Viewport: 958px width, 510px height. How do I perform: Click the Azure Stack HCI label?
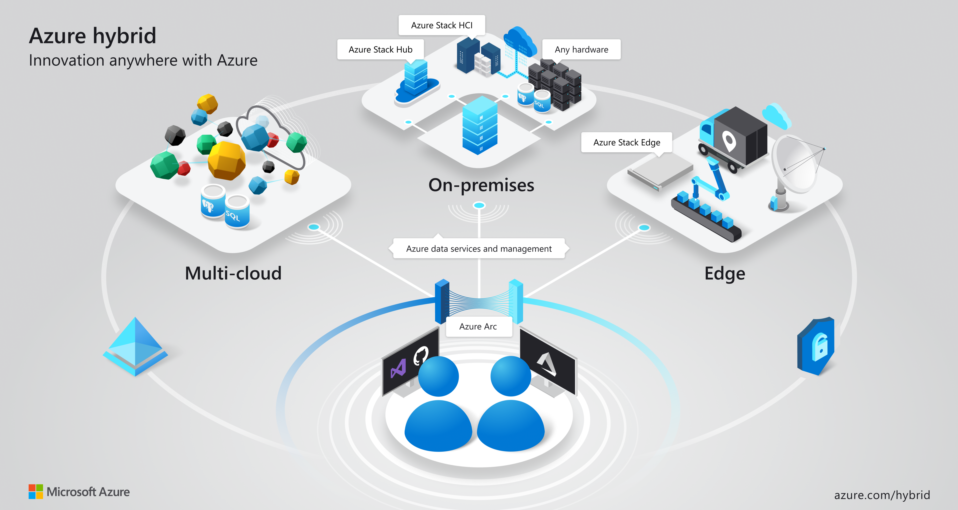tap(442, 25)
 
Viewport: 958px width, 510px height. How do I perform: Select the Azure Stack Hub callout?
tap(380, 49)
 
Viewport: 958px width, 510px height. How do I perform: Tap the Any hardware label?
tap(581, 49)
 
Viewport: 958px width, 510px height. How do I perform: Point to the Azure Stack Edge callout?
tap(627, 142)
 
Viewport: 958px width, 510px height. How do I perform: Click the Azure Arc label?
tap(478, 327)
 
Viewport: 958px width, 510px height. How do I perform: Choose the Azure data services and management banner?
tap(479, 249)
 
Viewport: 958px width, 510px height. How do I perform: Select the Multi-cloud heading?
tap(233, 273)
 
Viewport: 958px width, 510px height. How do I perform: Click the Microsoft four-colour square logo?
tap(36, 492)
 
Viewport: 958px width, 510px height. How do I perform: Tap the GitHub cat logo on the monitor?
tap(421, 355)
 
